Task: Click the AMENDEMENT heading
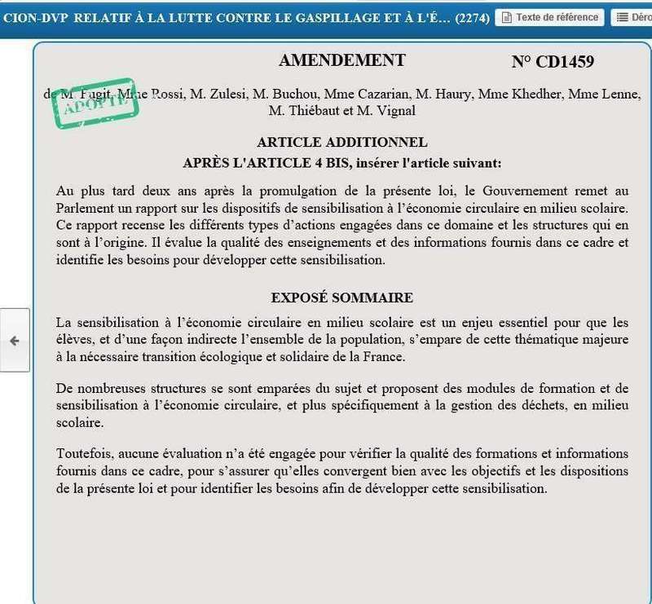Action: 341,61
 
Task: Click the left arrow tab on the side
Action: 14,341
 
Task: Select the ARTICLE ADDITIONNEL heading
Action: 341,143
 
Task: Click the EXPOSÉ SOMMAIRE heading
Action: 341,298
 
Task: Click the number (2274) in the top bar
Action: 473,17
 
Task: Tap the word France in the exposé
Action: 385,357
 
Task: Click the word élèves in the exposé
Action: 75,340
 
